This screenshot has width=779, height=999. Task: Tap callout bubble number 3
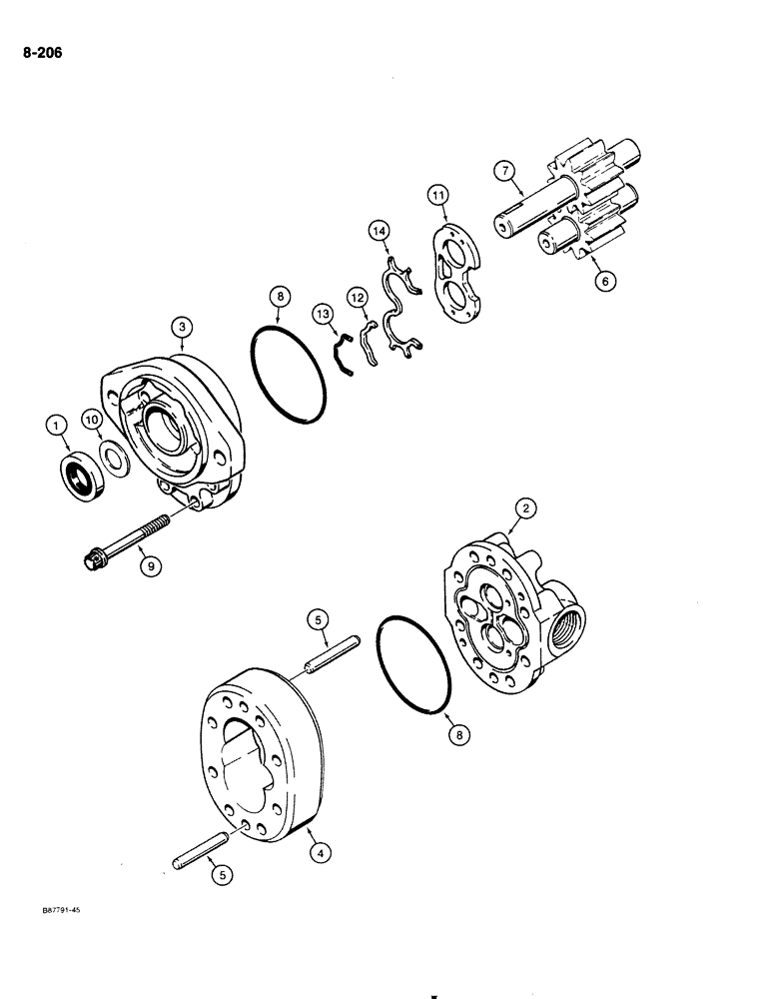tap(182, 325)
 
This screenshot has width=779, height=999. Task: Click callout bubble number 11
tap(437, 194)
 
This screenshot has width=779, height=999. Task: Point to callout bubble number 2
tap(522, 508)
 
